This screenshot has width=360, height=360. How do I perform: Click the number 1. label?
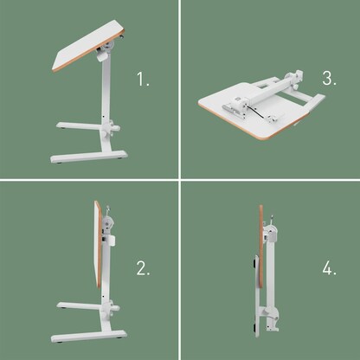[144, 80]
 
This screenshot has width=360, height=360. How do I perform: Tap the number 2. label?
[144, 268]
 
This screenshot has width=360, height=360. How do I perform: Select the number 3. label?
[329, 79]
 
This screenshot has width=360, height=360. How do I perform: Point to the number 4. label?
[330, 268]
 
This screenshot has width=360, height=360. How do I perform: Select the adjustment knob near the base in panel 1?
[112, 130]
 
